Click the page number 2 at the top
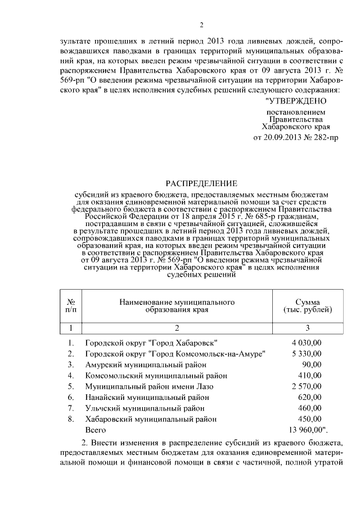coord(201,24)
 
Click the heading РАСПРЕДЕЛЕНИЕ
coord(201,183)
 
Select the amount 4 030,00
coord(307,343)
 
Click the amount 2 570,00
coord(307,386)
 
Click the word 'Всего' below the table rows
coord(95,430)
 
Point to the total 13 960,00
coord(307,430)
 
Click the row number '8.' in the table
coord(70,419)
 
